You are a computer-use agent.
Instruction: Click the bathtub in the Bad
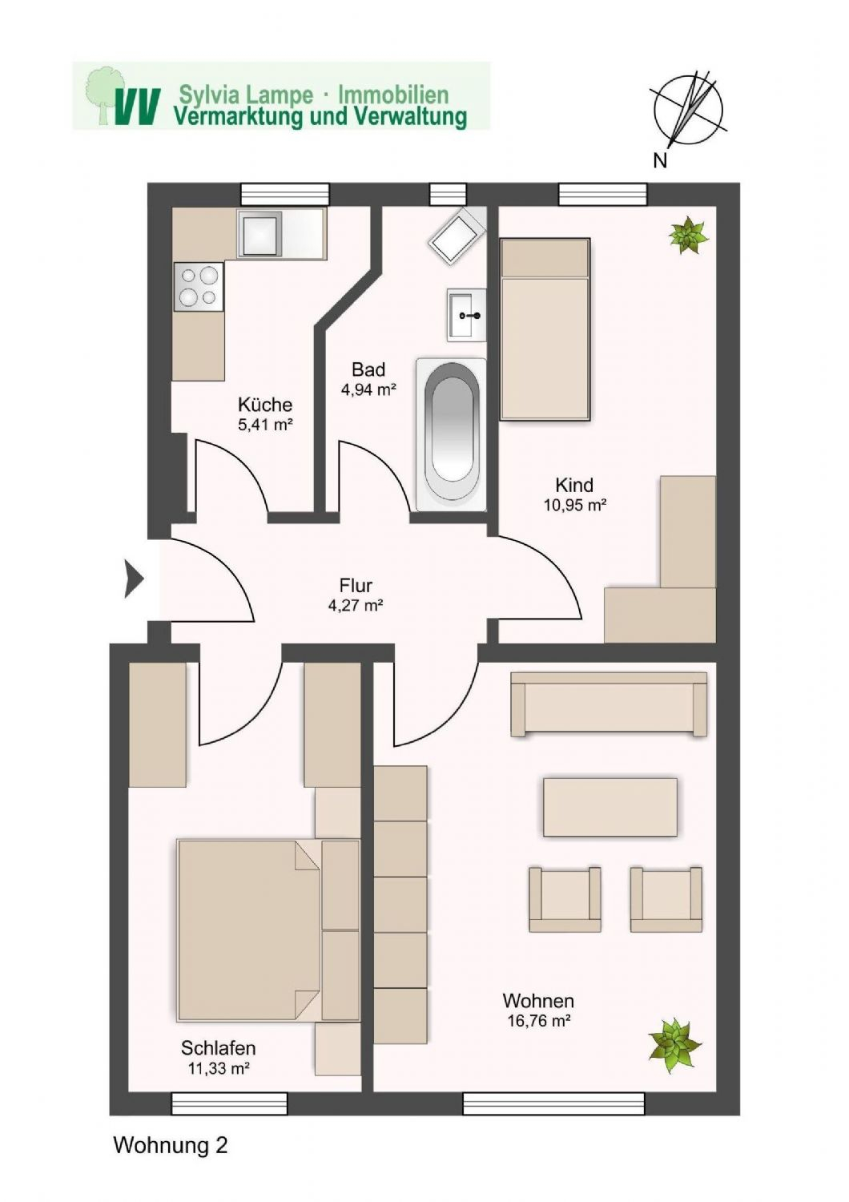point(450,433)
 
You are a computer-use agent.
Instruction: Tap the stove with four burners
point(199,287)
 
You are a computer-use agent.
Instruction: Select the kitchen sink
point(259,233)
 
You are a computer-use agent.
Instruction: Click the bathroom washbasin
point(466,315)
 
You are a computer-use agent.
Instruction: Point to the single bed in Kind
point(545,329)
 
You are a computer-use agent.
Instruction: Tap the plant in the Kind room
point(688,235)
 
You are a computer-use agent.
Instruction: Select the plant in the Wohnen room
point(674,1043)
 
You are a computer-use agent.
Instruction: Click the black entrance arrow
point(133,579)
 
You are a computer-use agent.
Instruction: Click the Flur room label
point(356,585)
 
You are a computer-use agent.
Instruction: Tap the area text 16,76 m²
point(538,1021)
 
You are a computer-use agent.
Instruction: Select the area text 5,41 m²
point(265,425)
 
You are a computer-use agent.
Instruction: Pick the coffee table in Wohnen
point(610,807)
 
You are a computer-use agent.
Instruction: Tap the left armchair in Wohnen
point(565,899)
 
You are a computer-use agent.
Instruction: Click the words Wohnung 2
point(171,1145)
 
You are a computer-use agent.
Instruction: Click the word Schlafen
point(218,1047)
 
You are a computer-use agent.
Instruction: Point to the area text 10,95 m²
point(574,505)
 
